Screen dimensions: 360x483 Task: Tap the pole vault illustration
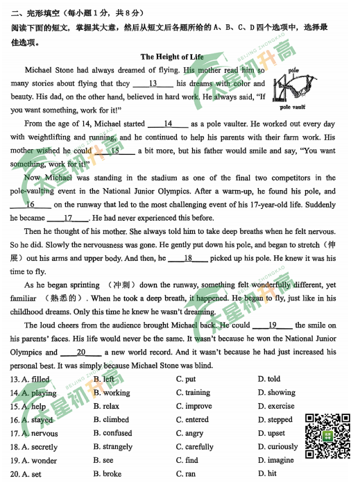pyautogui.click(x=296, y=87)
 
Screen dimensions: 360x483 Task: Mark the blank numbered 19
pyautogui.click(x=271, y=325)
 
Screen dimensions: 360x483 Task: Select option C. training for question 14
pyautogui.click(x=193, y=393)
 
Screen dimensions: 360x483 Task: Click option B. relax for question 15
pyautogui.click(x=106, y=407)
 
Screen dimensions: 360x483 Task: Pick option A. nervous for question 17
pyautogui.click(x=40, y=434)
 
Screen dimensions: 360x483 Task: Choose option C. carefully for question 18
pyautogui.click(x=195, y=447)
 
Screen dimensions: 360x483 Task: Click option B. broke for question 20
pyautogui.click(x=107, y=475)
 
